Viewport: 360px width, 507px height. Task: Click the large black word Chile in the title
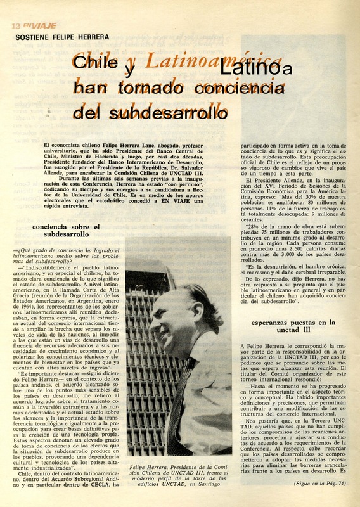[95, 63]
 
